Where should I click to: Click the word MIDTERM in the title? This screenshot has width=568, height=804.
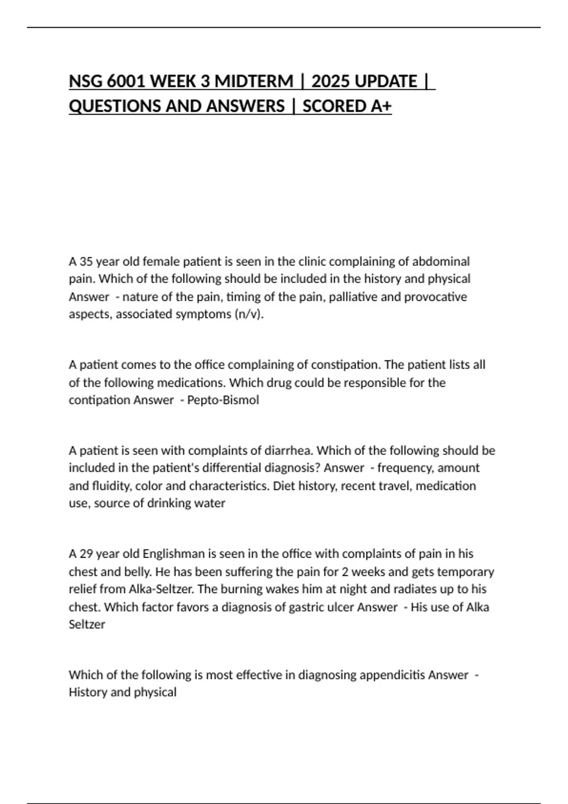[x=253, y=81]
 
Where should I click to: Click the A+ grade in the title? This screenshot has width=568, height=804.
[x=381, y=106]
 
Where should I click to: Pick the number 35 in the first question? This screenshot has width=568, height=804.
[x=86, y=262]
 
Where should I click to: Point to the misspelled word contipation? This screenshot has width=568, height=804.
[x=99, y=400]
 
